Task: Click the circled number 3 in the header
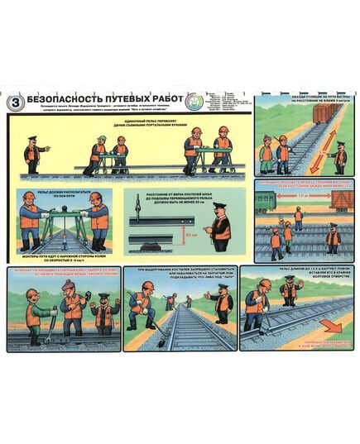[14, 102]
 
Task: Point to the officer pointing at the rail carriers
[34, 151]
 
